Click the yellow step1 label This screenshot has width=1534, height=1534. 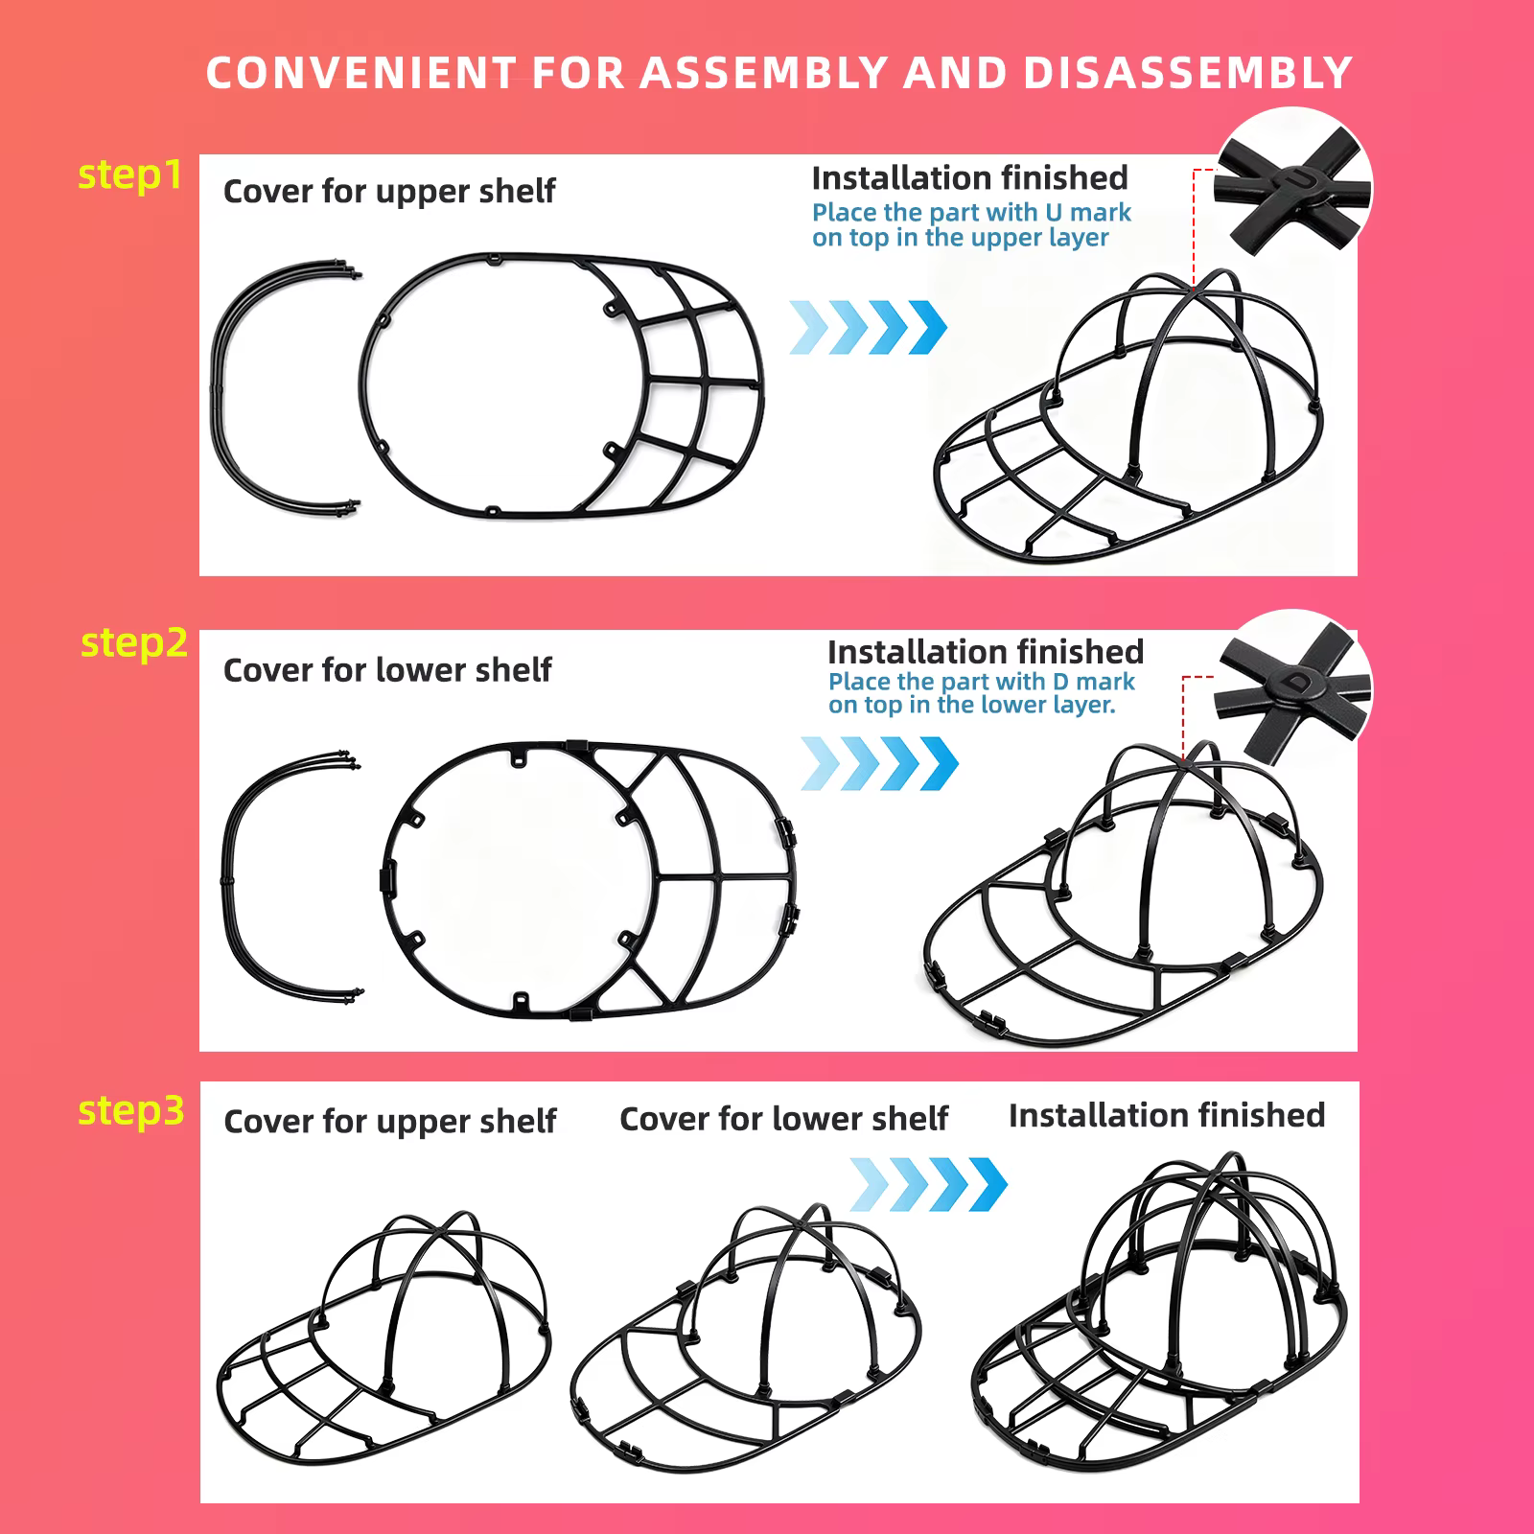pos(129,175)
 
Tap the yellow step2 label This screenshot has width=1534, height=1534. pos(134,642)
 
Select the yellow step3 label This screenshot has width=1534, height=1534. pos(131,1111)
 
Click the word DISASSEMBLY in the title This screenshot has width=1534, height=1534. pos(1187,73)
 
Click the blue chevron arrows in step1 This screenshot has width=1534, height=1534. pos(869,328)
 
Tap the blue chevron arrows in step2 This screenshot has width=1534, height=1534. pos(879,763)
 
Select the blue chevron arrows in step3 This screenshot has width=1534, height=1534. pos(929,1183)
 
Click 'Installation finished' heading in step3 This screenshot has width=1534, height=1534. pos(1167,1115)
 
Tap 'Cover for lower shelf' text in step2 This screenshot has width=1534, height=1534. pos(387,670)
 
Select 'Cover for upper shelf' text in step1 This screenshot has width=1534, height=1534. pos(389,192)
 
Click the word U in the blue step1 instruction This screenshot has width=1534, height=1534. pos(1054,212)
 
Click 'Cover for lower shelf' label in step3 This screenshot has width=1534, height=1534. pos(783,1119)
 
